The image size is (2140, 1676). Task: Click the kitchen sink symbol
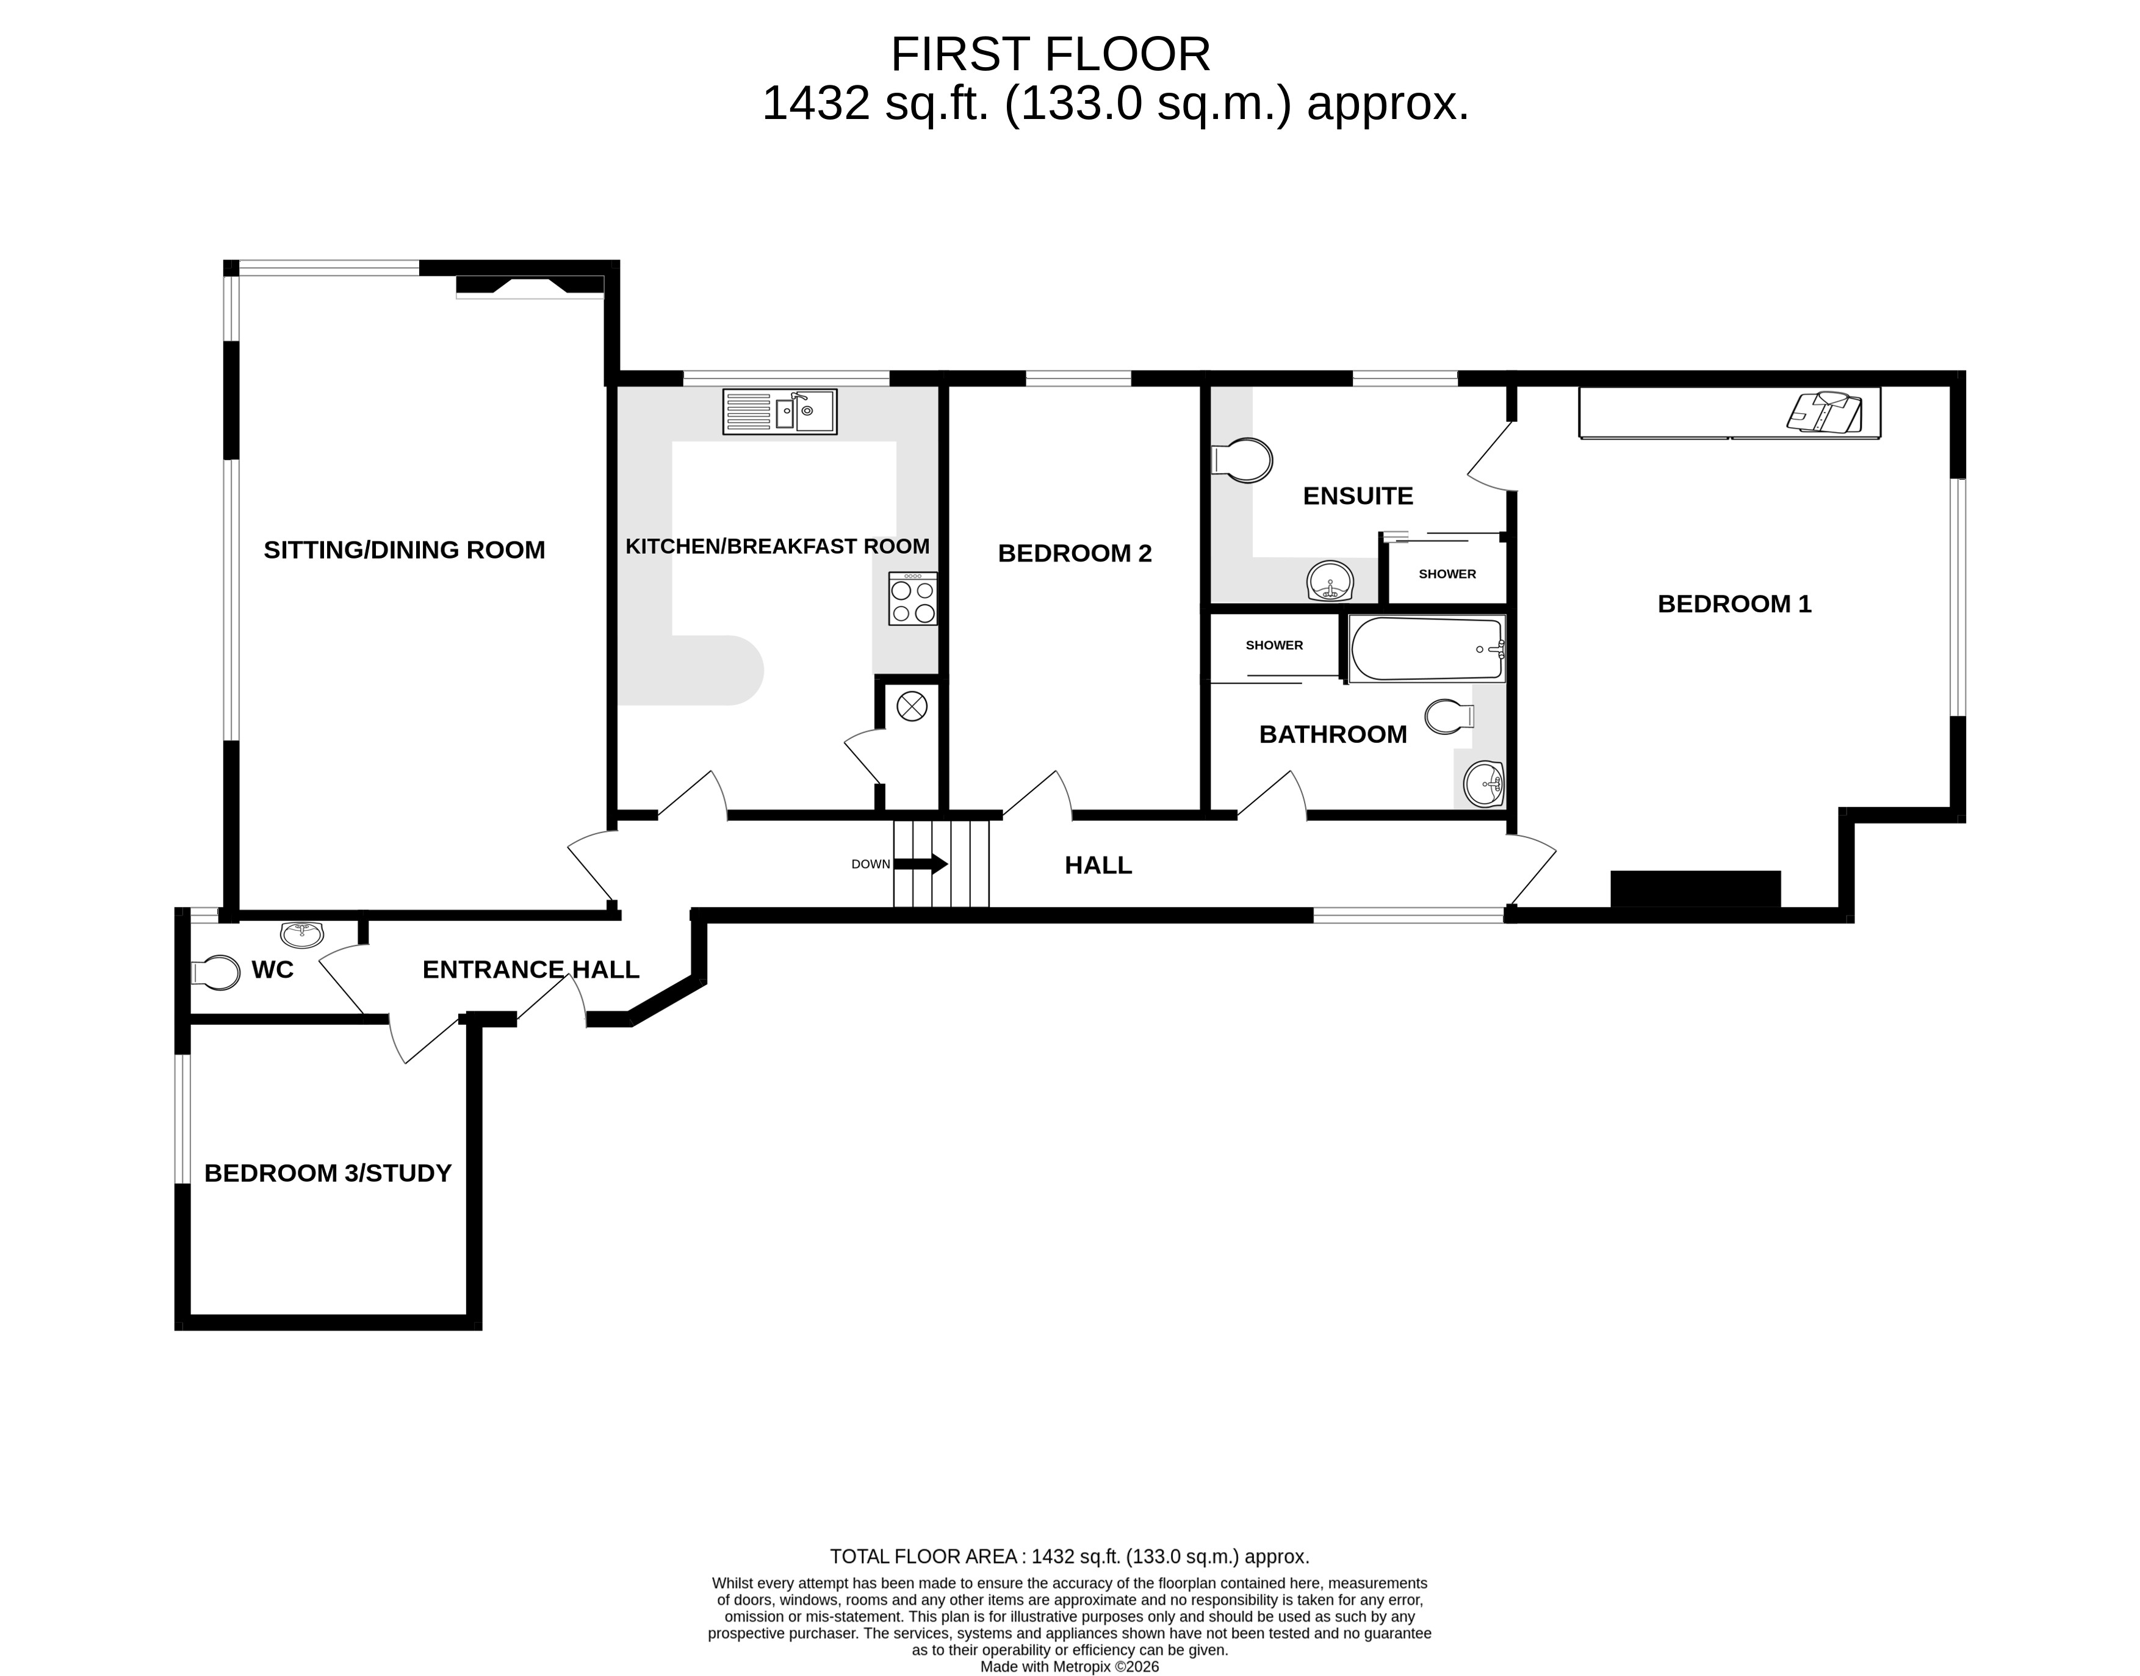pyautogui.click(x=780, y=412)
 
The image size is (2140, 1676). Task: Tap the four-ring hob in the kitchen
pyautogui.click(x=912, y=599)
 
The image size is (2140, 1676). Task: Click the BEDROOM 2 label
pyautogui.click(x=1075, y=554)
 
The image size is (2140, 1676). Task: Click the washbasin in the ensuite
pyautogui.click(x=1330, y=582)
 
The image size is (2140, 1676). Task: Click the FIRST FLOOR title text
pyautogui.click(x=1050, y=55)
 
